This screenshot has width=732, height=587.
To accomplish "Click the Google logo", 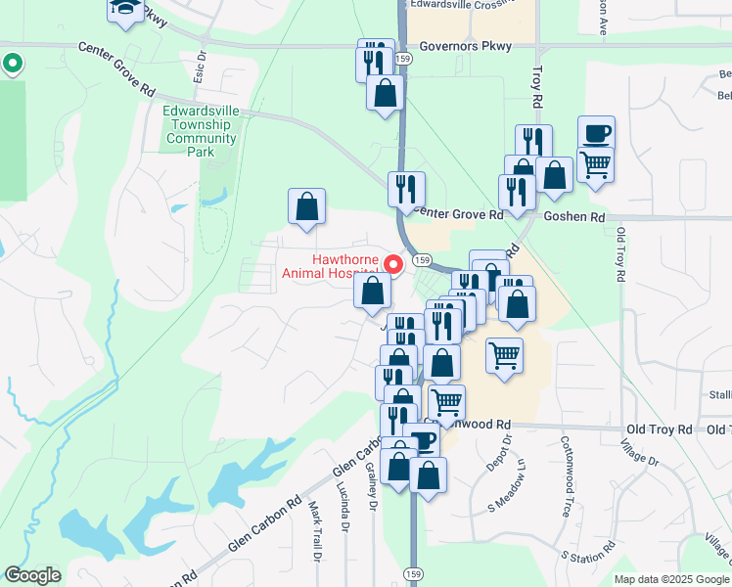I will (x=32, y=575).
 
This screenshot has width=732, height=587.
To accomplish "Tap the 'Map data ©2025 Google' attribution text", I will (x=671, y=579).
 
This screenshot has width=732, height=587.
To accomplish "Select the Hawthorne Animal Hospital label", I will (x=329, y=266).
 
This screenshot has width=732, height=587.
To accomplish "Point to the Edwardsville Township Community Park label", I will (x=202, y=132).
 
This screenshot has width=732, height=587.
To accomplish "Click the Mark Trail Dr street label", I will (x=316, y=531).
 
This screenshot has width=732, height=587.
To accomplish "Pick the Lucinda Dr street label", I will (x=343, y=505).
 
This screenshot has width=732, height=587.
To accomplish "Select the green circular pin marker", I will (x=12, y=65).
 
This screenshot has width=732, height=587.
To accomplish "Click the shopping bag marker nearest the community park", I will (x=306, y=207).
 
